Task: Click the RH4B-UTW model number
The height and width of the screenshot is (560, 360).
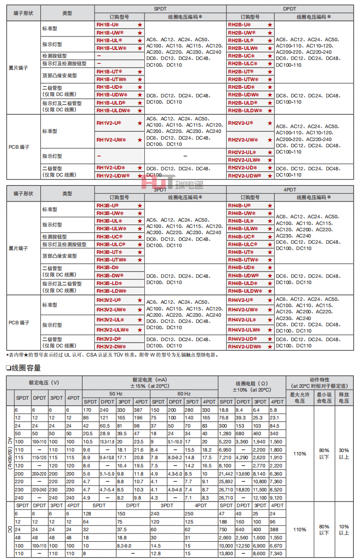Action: (243, 260)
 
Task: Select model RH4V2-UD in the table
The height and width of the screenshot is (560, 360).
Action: (242, 339)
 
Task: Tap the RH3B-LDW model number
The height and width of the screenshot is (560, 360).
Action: (110, 291)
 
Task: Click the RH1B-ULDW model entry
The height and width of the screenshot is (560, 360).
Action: (113, 110)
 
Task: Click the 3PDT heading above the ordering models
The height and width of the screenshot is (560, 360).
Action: (160, 191)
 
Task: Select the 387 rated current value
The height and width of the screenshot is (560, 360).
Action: (141, 410)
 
